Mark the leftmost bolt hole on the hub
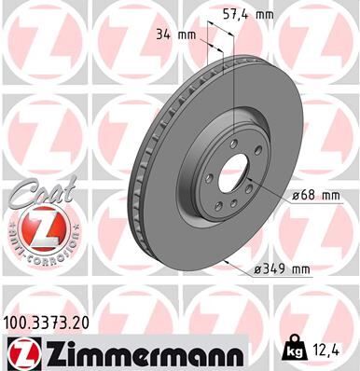200,173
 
